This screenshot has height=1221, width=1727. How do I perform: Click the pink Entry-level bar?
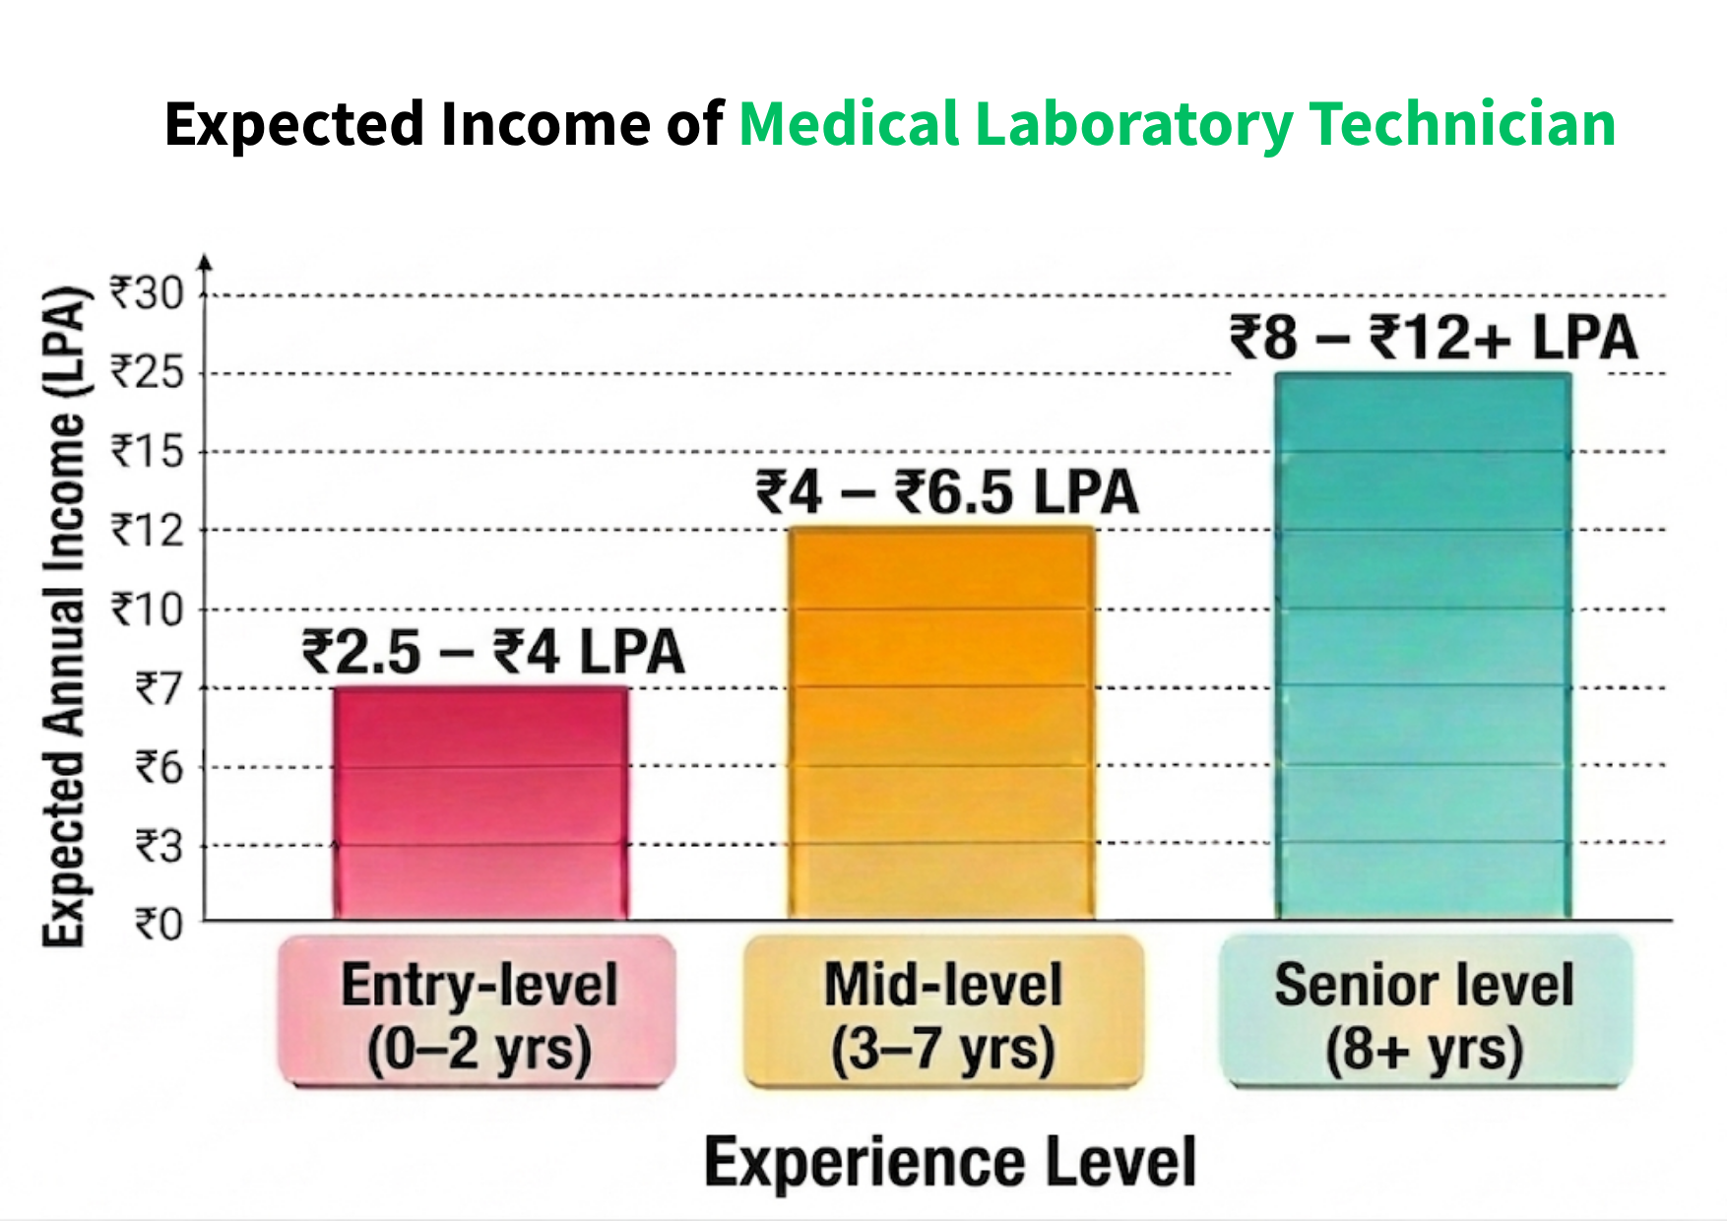(x=480, y=803)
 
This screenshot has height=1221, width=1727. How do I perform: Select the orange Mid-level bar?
(x=942, y=724)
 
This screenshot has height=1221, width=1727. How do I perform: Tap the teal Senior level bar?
(x=1423, y=645)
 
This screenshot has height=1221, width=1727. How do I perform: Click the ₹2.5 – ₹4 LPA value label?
(x=492, y=652)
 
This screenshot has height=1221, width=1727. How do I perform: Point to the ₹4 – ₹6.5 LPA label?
(x=947, y=492)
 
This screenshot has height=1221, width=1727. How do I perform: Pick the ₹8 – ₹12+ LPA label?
(x=1433, y=338)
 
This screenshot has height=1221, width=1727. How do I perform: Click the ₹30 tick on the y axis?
(x=147, y=293)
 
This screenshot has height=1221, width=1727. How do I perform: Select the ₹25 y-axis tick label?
(x=147, y=372)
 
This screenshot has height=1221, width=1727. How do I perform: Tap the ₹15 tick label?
(x=147, y=451)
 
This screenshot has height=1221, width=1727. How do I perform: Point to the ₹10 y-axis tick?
(x=147, y=610)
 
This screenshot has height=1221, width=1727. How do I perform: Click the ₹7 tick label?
(x=159, y=688)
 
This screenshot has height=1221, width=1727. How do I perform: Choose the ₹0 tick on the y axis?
(x=159, y=925)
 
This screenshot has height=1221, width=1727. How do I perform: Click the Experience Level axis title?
(x=950, y=1162)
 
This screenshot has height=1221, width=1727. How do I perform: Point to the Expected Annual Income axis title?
(x=63, y=615)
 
